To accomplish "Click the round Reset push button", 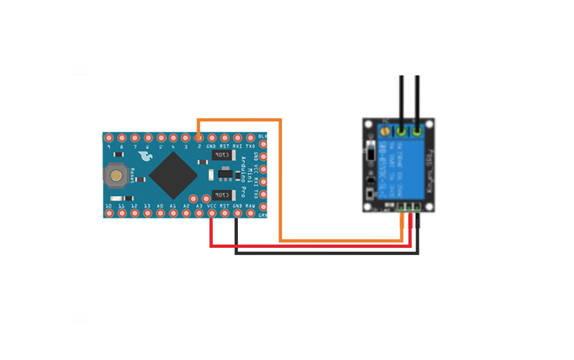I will pos(116,175).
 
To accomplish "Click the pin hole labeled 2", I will pos(199,138).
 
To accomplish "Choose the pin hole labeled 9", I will pos(109,138).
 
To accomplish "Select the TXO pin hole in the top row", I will pos(250,138).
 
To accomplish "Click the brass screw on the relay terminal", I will pos(382,132).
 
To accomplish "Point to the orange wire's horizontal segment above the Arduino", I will pos(239,120).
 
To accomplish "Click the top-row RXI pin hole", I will pos(237,138).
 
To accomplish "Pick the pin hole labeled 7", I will pos(134,138).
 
